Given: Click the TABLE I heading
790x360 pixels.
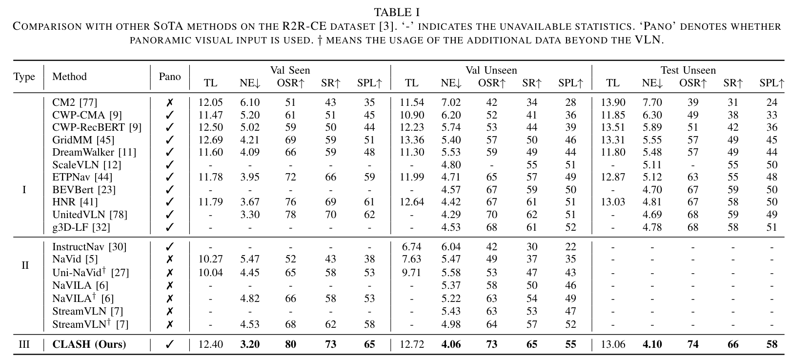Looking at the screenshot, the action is click(396, 12).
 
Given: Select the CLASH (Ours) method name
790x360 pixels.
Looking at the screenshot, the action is click(89, 344).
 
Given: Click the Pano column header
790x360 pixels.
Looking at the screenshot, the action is click(170, 77).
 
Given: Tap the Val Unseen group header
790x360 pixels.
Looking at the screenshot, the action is click(491, 70).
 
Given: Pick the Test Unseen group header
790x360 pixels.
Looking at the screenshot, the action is click(688, 70).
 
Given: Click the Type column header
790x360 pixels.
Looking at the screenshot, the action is click(24, 77).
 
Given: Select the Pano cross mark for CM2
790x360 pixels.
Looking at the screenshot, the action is click(170, 102).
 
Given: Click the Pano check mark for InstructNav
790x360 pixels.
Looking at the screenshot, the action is click(170, 247).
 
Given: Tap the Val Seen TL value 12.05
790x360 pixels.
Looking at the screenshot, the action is click(211, 102).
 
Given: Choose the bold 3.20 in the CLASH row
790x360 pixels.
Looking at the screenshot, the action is click(250, 344).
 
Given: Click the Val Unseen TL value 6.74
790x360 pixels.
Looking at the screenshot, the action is click(411, 247).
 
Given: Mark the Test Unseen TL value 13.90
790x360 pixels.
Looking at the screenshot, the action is click(613, 102).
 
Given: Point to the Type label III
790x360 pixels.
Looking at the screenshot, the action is click(24, 344).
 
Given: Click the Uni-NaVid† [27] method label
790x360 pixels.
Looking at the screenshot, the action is click(90, 272).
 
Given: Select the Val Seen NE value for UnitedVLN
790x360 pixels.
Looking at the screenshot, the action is click(250, 214).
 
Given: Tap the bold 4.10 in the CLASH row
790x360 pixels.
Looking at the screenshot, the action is click(652, 344).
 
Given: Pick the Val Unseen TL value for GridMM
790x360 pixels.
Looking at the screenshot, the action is click(412, 140).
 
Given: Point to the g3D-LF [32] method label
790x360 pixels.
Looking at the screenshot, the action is click(81, 227).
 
